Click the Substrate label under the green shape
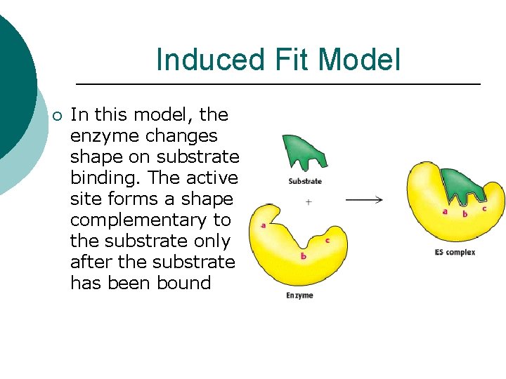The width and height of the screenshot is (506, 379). pyautogui.click(x=305, y=181)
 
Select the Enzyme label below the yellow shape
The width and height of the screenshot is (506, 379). pyautogui.click(x=299, y=295)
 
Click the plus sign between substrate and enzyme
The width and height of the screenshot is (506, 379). pyautogui.click(x=308, y=201)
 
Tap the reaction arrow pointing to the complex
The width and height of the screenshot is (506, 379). pyautogui.click(x=364, y=200)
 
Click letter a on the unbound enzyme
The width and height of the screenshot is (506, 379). pyautogui.click(x=263, y=225)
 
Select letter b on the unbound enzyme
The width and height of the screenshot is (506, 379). pyautogui.click(x=303, y=256)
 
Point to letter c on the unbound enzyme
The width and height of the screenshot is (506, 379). pyautogui.click(x=327, y=241)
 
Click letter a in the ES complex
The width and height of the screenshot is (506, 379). pyautogui.click(x=445, y=211)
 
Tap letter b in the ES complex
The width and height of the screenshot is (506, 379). pyautogui.click(x=465, y=213)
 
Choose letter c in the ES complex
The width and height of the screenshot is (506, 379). pyautogui.click(x=484, y=208)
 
